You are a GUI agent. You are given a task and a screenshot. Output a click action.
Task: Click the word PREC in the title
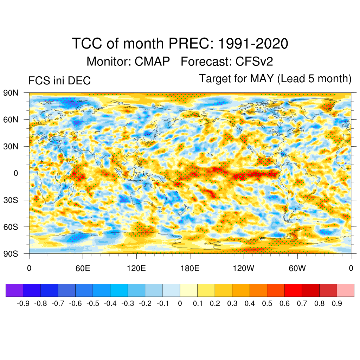pos(190,44)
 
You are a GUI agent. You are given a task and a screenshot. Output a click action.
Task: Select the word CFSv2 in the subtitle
pos(254,62)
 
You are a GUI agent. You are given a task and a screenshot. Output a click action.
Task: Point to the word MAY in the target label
pos(262,78)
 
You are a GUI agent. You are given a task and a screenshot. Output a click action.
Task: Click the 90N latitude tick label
pos(11,93)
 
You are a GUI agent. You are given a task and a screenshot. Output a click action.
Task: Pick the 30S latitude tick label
pos(11,200)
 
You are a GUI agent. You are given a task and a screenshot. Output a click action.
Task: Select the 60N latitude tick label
pos(11,120)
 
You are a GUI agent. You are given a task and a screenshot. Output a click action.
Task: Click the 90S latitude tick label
pos(11,253)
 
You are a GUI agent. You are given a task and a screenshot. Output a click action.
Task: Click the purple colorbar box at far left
pos(14,290)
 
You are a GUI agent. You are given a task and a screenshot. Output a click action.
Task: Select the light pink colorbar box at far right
pos(345,290)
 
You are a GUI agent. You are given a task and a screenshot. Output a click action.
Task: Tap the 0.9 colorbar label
pos(337,304)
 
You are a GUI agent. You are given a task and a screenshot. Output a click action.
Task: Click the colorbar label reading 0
pos(180,304)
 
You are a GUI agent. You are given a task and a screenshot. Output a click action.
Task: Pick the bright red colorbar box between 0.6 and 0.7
pos(293,290)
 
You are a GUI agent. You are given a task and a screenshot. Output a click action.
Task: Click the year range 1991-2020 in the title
pos(253,44)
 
